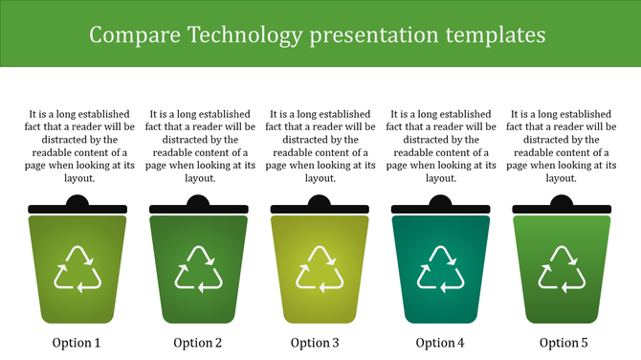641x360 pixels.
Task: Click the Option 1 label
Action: pyautogui.click(x=77, y=343)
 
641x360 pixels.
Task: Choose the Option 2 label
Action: pyautogui.click(x=198, y=343)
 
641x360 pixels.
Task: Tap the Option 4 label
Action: pyautogui.click(x=440, y=343)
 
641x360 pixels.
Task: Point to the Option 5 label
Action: pyautogui.click(x=564, y=343)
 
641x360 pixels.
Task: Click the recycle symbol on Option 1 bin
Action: pyautogui.click(x=77, y=268)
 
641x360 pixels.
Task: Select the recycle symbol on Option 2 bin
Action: pyautogui.click(x=198, y=268)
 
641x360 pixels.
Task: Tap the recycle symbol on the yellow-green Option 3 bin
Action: pyautogui.click(x=319, y=268)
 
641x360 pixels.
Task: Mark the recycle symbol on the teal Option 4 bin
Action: pyautogui.click(x=440, y=268)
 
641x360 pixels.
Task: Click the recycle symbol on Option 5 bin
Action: pyautogui.click(x=561, y=268)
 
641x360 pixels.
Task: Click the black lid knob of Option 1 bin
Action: pyautogui.click(x=77, y=201)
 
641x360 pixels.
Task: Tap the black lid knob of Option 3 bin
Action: pyautogui.click(x=319, y=201)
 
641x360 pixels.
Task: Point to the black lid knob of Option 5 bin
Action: pyautogui.click(x=561, y=201)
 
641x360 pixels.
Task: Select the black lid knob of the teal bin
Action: pyautogui.click(x=440, y=201)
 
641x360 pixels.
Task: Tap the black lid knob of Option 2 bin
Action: pyautogui.click(x=198, y=201)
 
